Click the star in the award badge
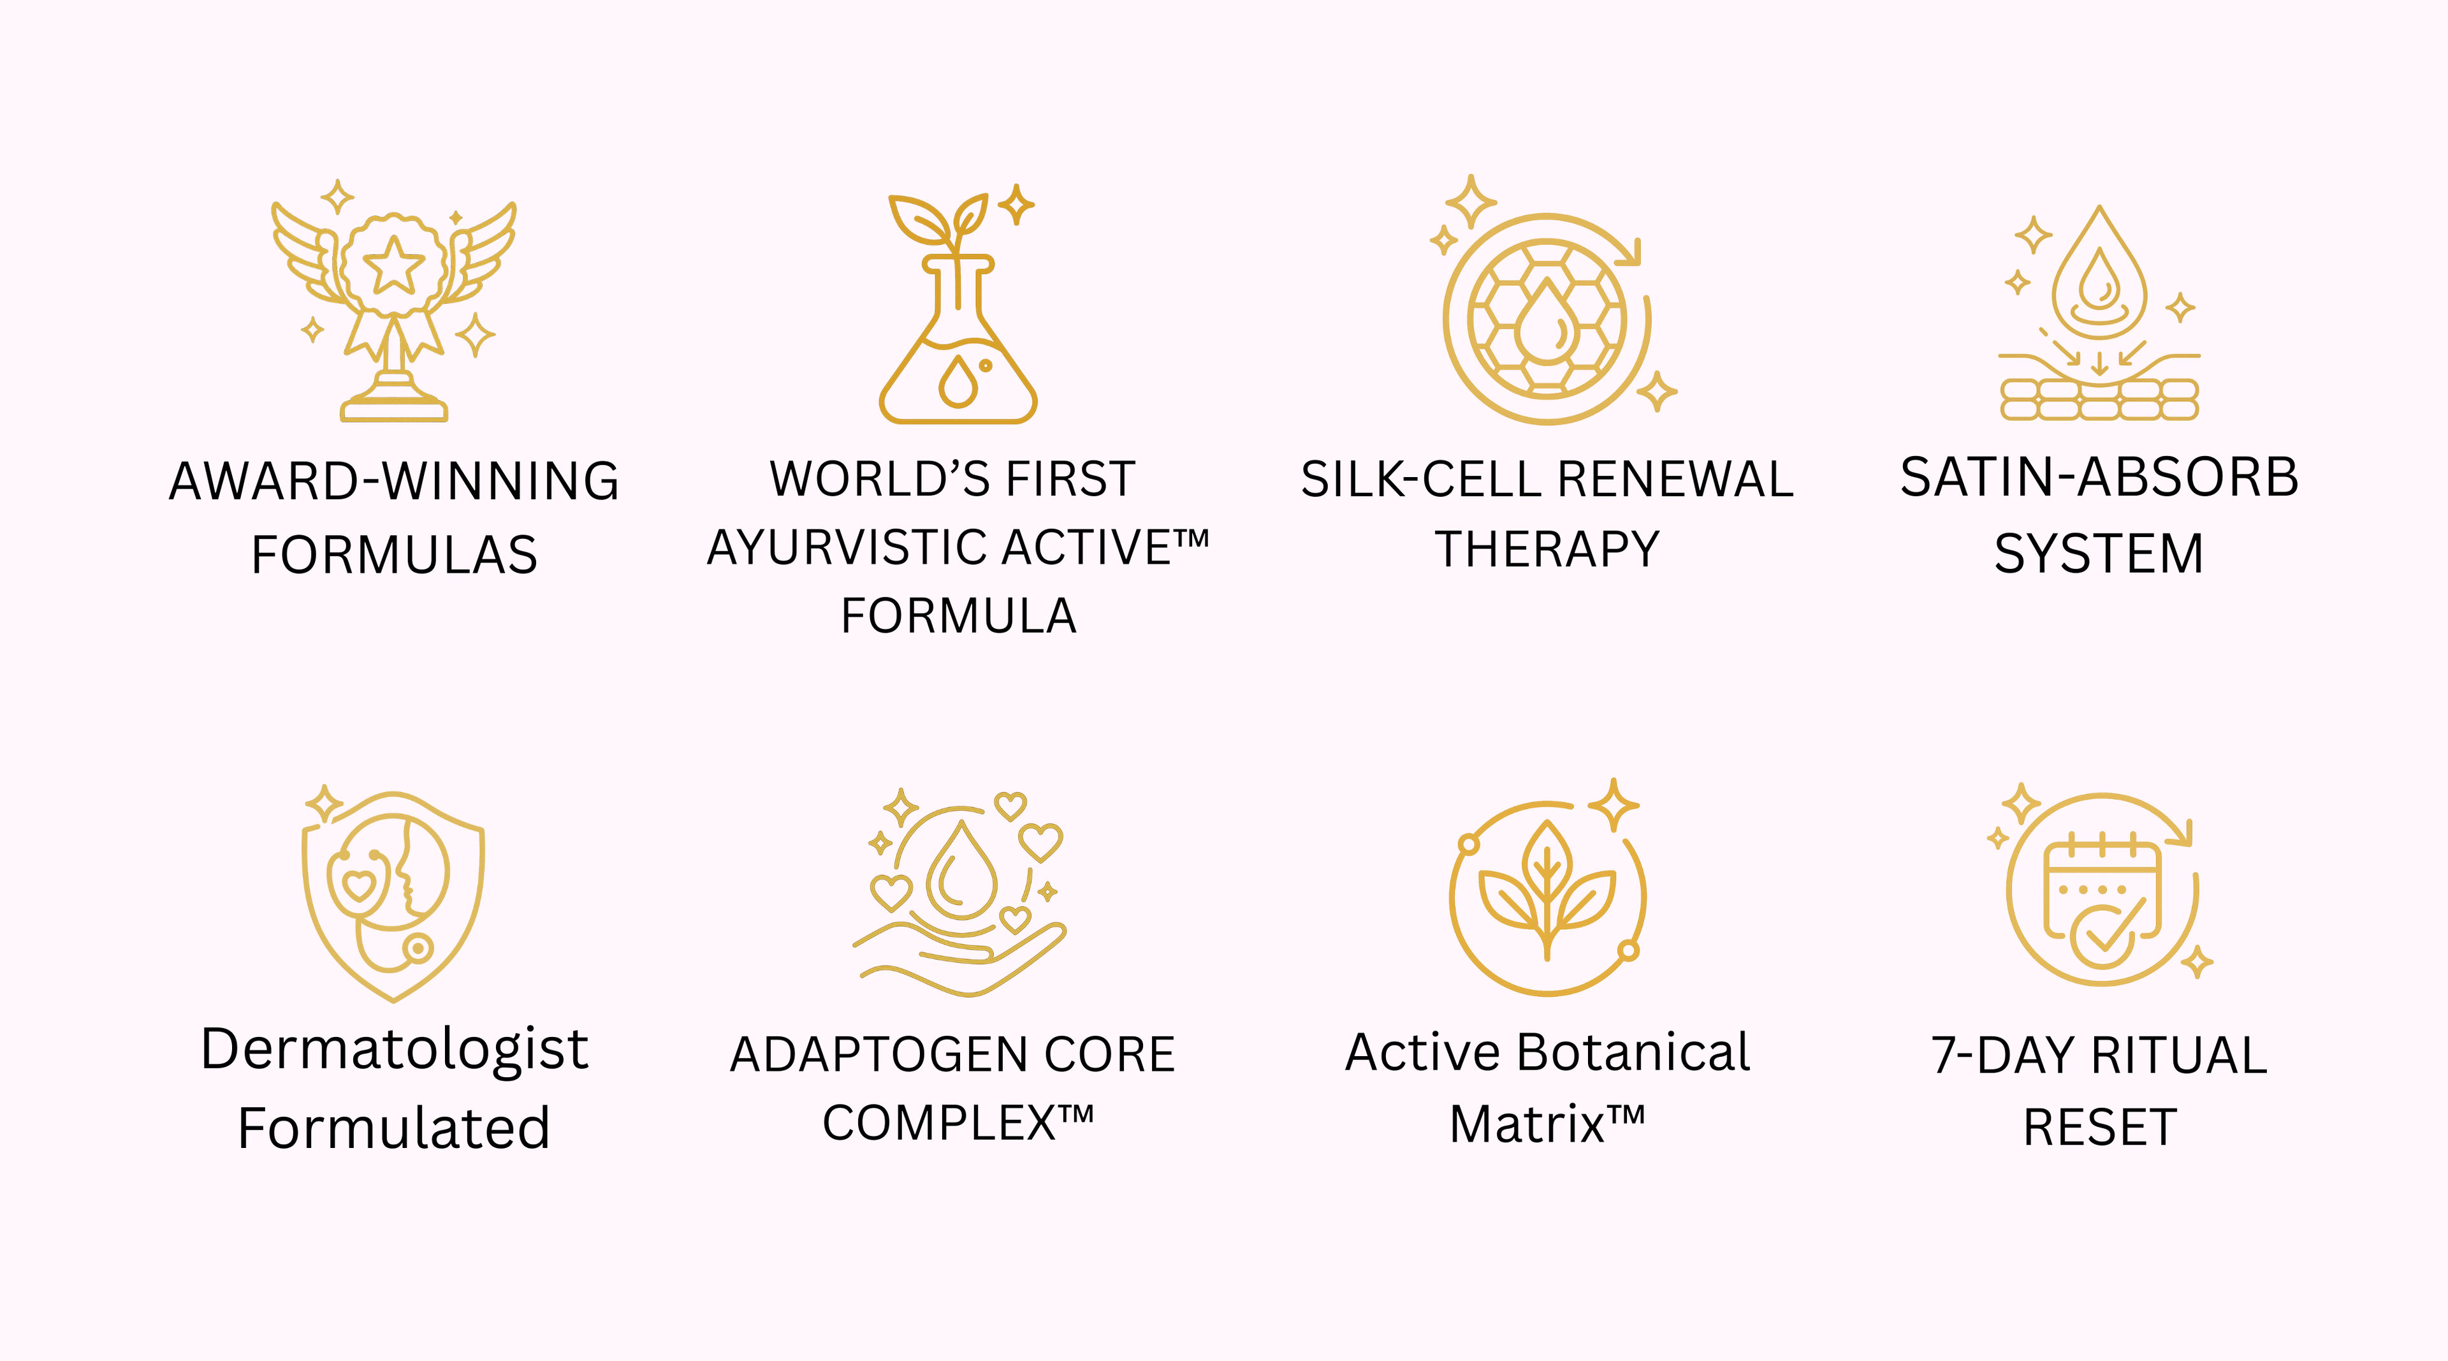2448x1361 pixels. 393,265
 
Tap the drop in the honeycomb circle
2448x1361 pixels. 1546,321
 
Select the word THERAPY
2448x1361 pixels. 1547,549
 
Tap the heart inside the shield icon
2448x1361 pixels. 358,886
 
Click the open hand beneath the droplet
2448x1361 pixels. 960,960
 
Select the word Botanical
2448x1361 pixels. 1633,1053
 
